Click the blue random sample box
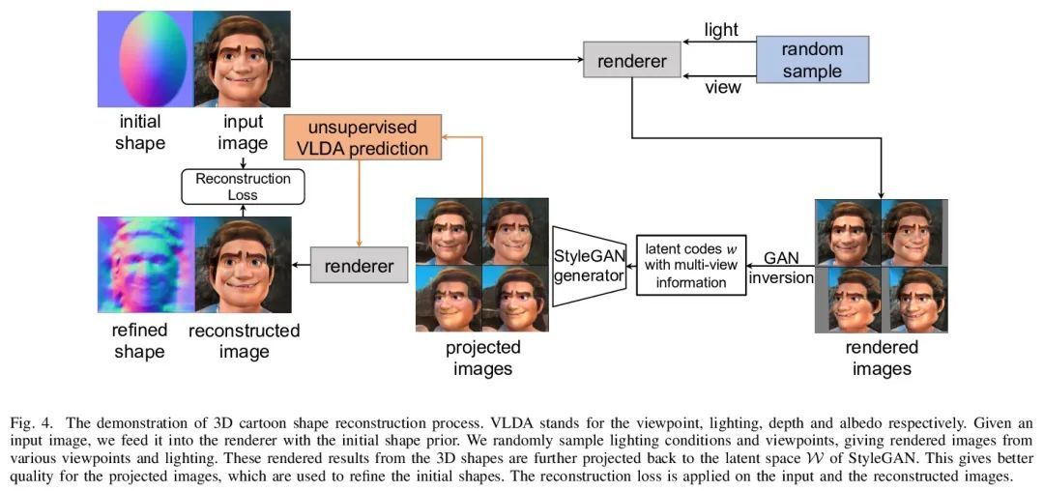[812, 59]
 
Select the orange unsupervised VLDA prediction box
[362, 137]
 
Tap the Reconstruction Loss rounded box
[243, 187]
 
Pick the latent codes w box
[692, 265]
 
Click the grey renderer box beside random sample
[632, 61]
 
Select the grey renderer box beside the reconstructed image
[359, 266]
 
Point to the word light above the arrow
[721, 31]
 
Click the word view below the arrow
[722, 87]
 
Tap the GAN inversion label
[781, 268]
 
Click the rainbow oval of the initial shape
[153, 59]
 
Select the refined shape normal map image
[146, 264]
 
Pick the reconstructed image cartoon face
[243, 264]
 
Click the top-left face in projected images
[449, 231]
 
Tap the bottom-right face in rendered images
[914, 299]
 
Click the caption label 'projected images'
[482, 358]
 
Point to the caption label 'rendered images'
[881, 358]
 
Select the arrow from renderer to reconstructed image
[301, 266]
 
